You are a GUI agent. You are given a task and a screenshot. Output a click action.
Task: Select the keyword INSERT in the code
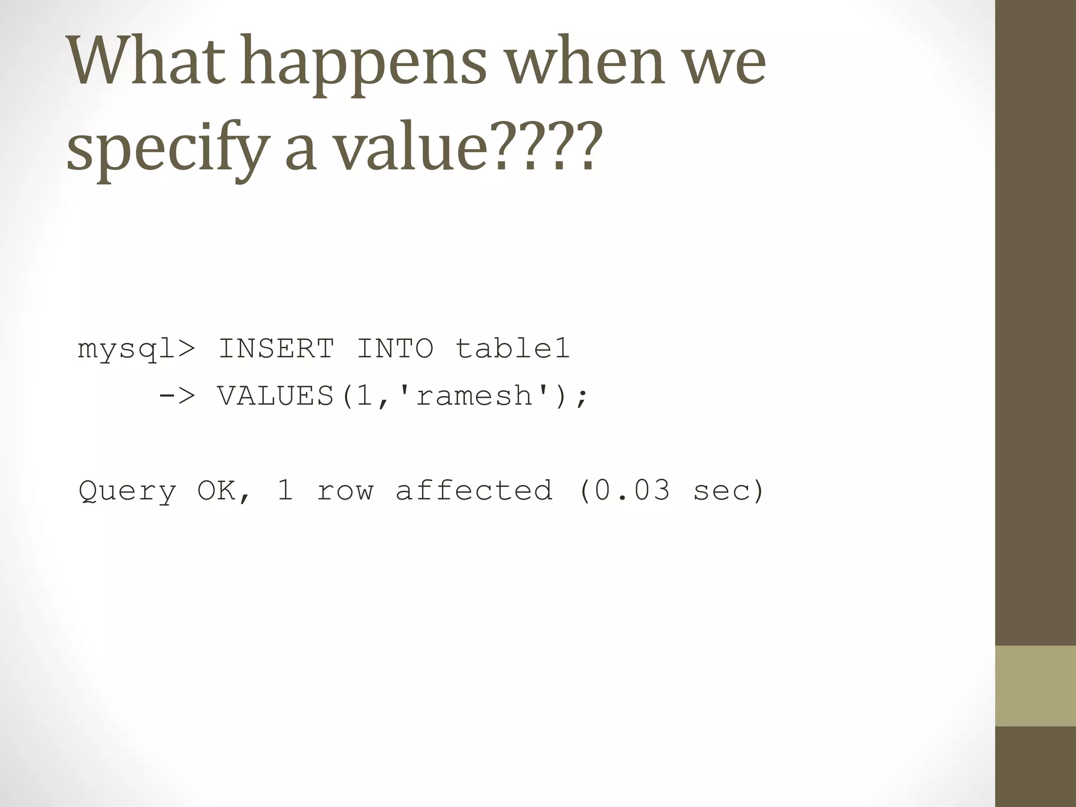(276, 349)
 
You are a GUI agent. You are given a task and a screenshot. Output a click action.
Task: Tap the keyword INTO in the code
(395, 349)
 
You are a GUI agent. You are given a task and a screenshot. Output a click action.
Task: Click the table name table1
(512, 349)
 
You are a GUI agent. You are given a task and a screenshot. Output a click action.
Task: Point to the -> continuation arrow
(176, 396)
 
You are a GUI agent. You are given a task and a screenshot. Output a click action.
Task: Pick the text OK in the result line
(216, 491)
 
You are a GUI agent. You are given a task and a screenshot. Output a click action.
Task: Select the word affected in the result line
(473, 491)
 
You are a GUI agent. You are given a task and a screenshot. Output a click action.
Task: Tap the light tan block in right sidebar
(1035, 686)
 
